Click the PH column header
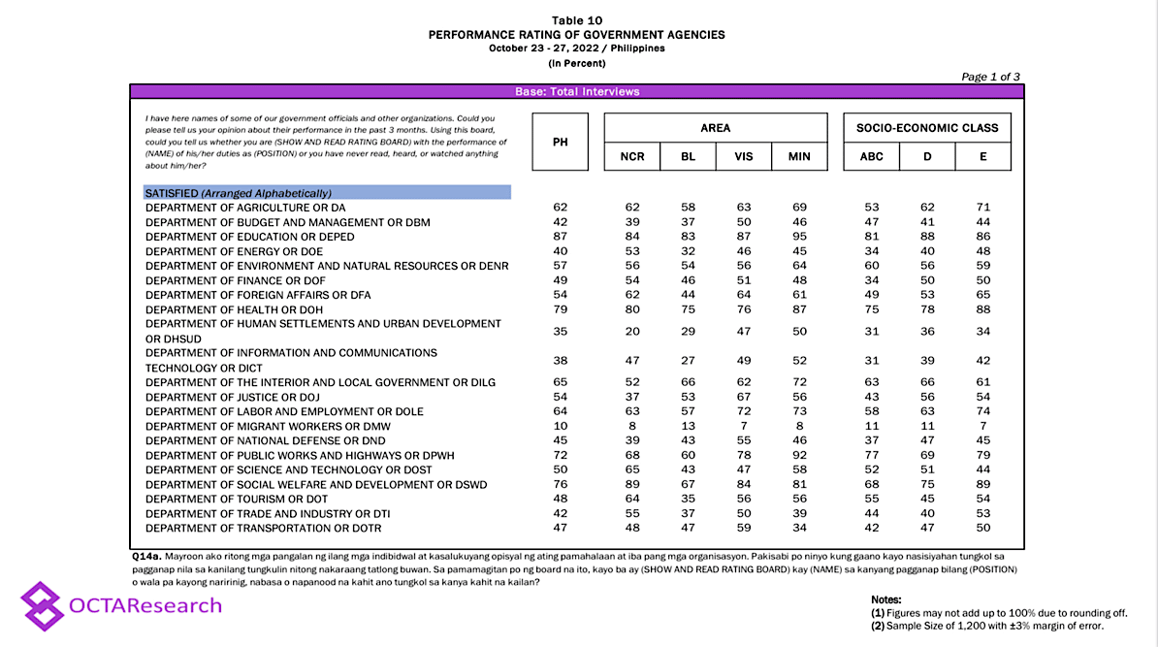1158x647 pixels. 560,142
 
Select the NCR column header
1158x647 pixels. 632,156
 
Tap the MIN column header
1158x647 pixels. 798,156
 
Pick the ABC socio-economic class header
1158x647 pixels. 871,156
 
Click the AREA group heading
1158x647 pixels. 716,128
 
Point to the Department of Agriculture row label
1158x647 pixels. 245,208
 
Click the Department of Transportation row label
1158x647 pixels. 264,529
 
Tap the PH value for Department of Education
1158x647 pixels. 560,237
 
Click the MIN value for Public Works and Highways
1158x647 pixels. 798,456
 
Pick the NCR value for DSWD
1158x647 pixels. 632,485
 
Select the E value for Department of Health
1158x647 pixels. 982,309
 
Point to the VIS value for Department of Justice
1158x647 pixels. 744,397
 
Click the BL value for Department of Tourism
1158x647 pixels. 688,500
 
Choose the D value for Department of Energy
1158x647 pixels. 927,251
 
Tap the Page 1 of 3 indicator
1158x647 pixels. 990,77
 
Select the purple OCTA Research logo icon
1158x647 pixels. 42,605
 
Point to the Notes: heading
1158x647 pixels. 886,600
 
